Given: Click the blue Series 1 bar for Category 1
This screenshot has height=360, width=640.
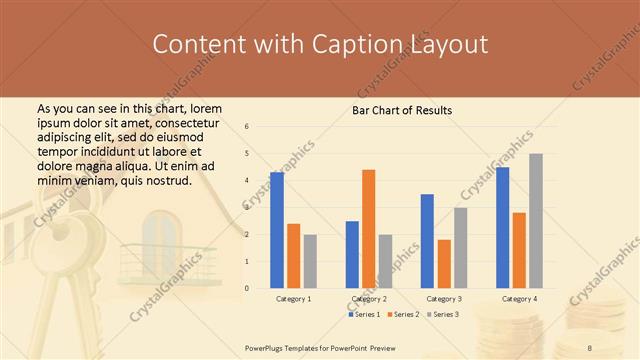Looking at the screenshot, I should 277,230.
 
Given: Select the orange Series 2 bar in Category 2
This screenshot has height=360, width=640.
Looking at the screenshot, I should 368,229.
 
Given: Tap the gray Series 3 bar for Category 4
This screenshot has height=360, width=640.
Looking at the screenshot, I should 536,221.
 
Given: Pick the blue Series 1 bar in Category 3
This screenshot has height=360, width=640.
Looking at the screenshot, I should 427,241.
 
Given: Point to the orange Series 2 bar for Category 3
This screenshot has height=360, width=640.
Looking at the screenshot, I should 444,264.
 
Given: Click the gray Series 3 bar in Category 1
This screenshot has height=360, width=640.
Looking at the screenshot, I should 310,261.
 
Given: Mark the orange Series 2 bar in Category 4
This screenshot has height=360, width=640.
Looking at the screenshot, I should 519,250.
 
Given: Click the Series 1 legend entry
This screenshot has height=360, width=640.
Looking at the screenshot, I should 365,315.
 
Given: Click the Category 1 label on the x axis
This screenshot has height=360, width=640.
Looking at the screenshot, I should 294,299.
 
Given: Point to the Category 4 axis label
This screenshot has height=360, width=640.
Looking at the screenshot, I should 519,299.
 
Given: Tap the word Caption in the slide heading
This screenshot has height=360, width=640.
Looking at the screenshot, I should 361,45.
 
